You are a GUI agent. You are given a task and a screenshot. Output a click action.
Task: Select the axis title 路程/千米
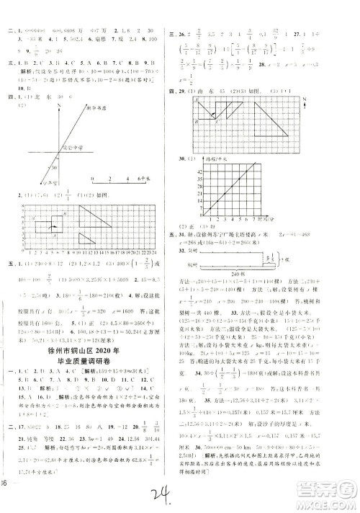219,156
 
